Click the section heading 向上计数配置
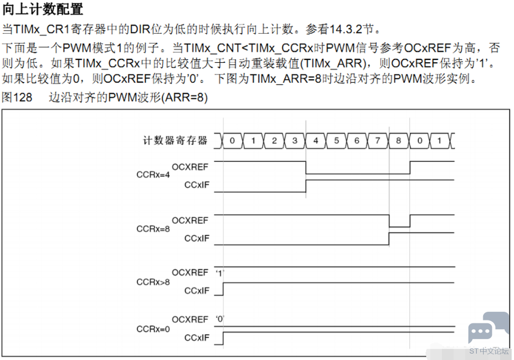[42, 9]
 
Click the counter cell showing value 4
[315, 141]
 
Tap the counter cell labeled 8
[399, 141]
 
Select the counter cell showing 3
[295, 141]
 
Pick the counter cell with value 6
[357, 141]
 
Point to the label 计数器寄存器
[175, 141]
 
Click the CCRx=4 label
[153, 174]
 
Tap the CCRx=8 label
[153, 229]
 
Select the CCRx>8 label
[153, 282]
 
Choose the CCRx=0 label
[153, 329]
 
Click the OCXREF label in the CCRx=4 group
[190, 167]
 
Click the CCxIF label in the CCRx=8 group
[197, 238]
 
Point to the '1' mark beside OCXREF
[220, 273]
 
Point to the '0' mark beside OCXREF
[220, 319]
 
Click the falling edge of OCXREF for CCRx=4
[306, 167]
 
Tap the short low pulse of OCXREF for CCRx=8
[399, 227]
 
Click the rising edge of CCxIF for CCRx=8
[389, 238]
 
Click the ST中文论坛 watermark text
[488, 351]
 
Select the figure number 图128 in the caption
[17, 97]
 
